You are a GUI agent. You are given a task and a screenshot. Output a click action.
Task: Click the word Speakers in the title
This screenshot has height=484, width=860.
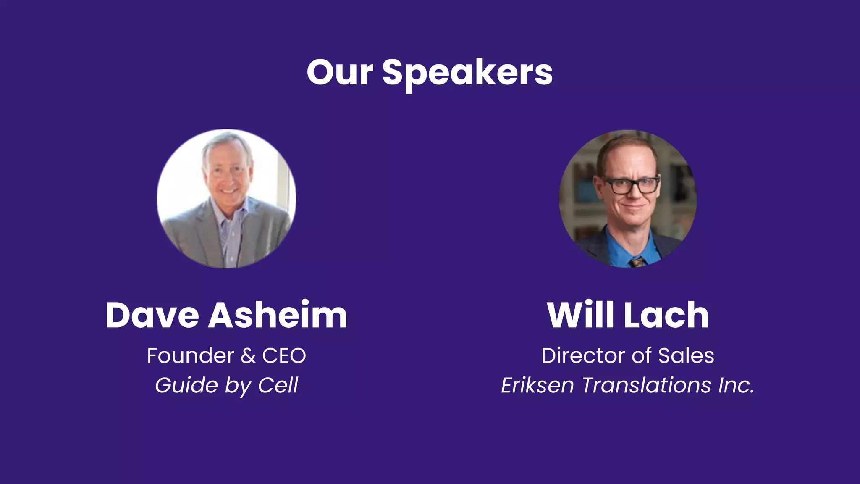pyautogui.click(x=467, y=73)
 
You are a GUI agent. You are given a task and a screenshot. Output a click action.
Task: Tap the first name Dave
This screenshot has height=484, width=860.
pyautogui.click(x=152, y=315)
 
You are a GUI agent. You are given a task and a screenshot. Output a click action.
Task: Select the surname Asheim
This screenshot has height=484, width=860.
pyautogui.click(x=278, y=315)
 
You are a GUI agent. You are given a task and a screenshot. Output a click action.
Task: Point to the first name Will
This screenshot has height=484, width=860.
pyautogui.click(x=581, y=315)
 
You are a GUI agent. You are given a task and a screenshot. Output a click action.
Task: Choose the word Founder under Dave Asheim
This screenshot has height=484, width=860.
pyautogui.click(x=190, y=356)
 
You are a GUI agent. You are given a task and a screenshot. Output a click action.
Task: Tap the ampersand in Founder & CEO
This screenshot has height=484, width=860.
pyautogui.click(x=248, y=356)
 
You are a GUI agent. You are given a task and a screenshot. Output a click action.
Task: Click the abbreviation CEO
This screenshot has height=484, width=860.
pyautogui.click(x=284, y=356)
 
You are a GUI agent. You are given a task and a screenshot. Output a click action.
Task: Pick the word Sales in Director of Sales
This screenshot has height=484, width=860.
pyautogui.click(x=686, y=356)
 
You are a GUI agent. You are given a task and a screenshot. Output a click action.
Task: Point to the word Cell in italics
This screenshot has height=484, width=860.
pyautogui.click(x=278, y=385)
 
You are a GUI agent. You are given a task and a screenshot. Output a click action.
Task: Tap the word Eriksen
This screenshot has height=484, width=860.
pyautogui.click(x=537, y=385)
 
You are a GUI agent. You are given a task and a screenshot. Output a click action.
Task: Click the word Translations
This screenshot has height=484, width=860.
pyautogui.click(x=646, y=385)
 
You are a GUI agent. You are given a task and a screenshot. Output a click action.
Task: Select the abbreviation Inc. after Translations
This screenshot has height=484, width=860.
pyautogui.click(x=736, y=385)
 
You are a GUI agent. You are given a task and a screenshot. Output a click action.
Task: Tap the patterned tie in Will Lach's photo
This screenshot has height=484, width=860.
pyautogui.click(x=637, y=262)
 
